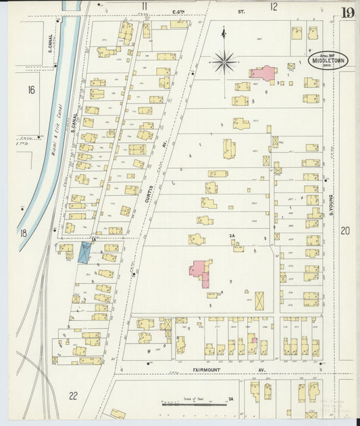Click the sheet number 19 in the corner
[x=347, y=12]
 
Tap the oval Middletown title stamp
[x=328, y=61]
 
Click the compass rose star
[x=224, y=63]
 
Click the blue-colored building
[x=84, y=252]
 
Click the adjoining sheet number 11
[x=144, y=6]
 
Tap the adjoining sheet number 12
[x=274, y=6]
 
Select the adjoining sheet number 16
[x=31, y=89]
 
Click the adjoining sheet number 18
[x=22, y=233]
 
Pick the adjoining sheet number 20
[x=345, y=231]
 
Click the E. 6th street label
[x=179, y=11]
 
